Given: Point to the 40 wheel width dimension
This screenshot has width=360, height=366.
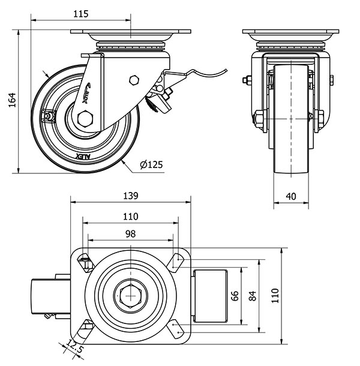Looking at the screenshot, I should [x=291, y=196].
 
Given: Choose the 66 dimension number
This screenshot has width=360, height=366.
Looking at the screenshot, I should [x=235, y=295].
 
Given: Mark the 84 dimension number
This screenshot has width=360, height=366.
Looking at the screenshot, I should [x=253, y=295].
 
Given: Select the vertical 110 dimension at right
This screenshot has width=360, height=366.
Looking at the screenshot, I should [x=275, y=295].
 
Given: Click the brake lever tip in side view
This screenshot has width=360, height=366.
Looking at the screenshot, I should [x=226, y=70].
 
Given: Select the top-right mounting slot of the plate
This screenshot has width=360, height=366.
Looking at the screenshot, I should [x=176, y=260].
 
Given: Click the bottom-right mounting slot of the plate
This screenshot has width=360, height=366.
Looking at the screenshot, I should [x=176, y=328].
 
